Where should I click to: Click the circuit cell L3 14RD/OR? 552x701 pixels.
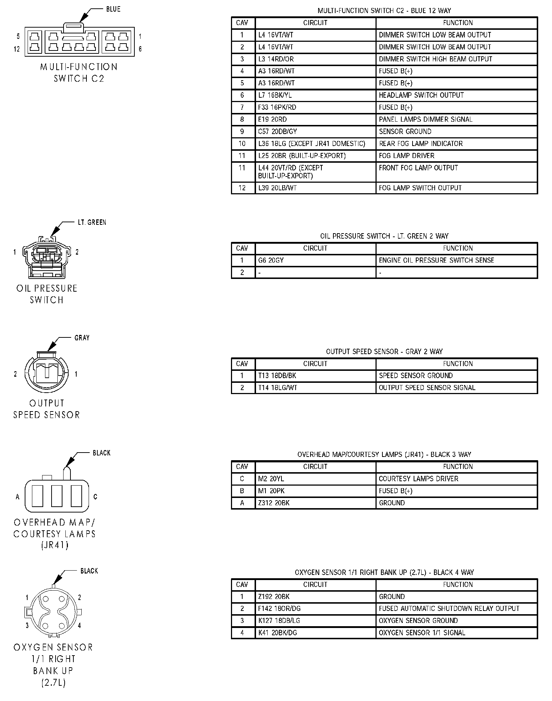pos(315,59)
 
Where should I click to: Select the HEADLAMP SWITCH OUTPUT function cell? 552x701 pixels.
pos(456,95)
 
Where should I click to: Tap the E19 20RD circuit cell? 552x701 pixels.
pos(315,119)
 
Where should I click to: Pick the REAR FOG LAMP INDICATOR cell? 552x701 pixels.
pos(456,143)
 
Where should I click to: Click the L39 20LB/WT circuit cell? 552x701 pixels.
pos(315,188)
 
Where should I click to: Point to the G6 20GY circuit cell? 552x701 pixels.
pos(315,260)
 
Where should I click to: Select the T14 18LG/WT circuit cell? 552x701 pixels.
pos(315,388)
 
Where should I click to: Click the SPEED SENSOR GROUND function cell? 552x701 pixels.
pos(456,376)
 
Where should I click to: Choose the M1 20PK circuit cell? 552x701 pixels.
pos(315,491)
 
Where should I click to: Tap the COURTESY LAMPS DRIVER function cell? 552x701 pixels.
pos(456,479)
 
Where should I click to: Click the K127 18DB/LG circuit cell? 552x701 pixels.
pos(315,620)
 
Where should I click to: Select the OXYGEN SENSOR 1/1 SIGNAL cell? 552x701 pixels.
pos(456,632)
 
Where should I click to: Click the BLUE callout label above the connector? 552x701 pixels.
pos(113,9)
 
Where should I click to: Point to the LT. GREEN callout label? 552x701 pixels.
pos(92,222)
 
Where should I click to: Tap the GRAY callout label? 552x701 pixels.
pos(82,338)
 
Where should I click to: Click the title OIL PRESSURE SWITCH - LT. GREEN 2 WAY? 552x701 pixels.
pos(384,236)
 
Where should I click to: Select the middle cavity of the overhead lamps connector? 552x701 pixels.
pos(57,496)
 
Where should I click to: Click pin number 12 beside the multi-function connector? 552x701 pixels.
pos(17,49)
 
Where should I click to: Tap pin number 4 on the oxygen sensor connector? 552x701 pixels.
pos(79,625)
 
